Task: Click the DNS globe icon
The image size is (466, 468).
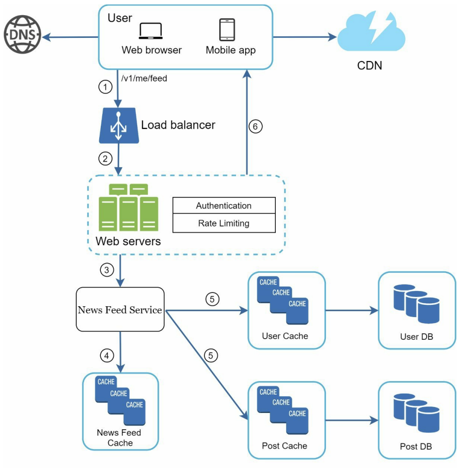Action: click(x=23, y=34)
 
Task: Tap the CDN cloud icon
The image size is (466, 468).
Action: click(x=371, y=31)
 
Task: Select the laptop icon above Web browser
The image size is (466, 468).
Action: click(x=151, y=31)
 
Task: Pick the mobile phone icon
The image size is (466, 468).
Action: click(x=227, y=29)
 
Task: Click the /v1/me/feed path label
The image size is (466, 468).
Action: click(x=144, y=79)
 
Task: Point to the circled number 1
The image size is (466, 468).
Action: click(x=105, y=87)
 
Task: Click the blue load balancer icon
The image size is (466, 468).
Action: click(x=119, y=126)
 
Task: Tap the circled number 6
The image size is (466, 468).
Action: click(x=256, y=126)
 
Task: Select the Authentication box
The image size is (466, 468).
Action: click(x=224, y=205)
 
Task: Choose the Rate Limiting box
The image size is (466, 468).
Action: click(x=224, y=223)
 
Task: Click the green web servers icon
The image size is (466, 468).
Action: click(x=128, y=207)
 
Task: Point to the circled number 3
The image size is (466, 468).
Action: click(x=107, y=270)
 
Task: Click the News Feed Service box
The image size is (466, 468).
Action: click(x=120, y=310)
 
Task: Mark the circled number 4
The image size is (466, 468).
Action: click(x=107, y=355)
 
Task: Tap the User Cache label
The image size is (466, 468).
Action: click(x=285, y=336)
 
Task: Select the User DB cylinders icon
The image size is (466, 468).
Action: click(x=416, y=304)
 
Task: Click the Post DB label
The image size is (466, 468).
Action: click(x=416, y=446)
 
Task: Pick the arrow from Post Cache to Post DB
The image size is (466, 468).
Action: click(x=352, y=420)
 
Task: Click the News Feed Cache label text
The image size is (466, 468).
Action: click(x=119, y=438)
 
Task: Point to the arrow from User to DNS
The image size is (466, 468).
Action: click(x=70, y=37)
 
